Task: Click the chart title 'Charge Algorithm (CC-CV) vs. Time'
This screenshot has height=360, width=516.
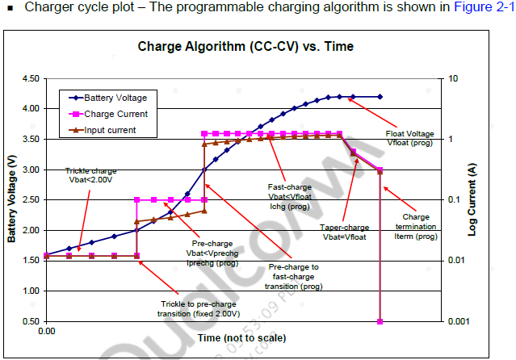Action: click(x=245, y=46)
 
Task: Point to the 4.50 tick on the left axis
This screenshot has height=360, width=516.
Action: click(x=31, y=78)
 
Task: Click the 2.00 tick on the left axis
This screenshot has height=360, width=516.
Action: click(x=31, y=230)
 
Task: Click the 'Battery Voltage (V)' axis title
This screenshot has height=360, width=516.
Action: click(x=12, y=199)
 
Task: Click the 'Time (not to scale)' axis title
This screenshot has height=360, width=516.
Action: click(x=241, y=337)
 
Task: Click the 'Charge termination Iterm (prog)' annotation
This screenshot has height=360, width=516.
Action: click(x=415, y=227)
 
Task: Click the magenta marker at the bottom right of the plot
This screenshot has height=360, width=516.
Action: click(x=380, y=321)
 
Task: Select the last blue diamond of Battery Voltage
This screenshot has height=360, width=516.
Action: click(x=380, y=96)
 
